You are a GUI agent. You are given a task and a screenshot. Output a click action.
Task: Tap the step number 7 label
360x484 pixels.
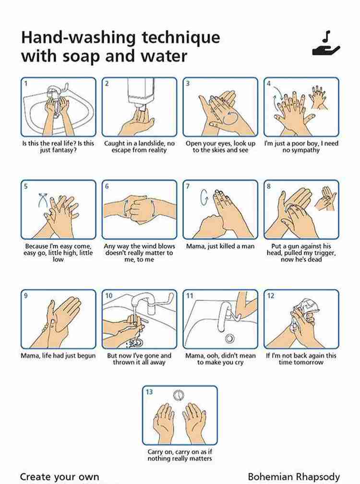tap(188, 186)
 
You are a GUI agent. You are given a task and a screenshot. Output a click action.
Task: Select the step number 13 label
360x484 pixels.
tap(149, 392)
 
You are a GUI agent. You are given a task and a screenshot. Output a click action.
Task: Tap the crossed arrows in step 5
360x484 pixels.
tap(43, 200)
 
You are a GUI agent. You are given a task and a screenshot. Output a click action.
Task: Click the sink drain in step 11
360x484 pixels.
tap(229, 339)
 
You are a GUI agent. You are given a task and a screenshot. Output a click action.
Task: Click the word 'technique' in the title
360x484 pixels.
tap(181, 37)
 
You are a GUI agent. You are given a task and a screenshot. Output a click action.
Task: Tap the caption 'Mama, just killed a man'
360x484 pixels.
tap(220, 246)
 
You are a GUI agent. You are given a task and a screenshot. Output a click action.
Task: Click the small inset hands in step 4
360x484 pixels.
tap(318, 97)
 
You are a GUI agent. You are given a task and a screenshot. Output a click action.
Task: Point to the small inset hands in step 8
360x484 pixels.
tap(325, 198)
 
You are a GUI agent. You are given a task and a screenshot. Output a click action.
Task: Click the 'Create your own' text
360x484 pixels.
tap(60, 477)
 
